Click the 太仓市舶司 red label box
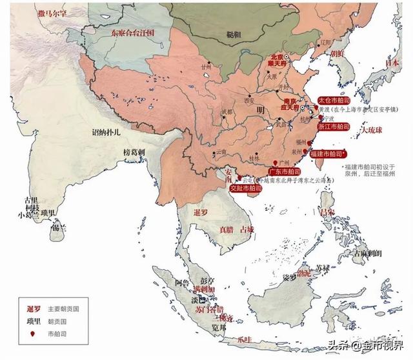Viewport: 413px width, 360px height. [x=335, y=101]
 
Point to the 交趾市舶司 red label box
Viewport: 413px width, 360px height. [x=246, y=188]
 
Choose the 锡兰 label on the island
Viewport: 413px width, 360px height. [x=60, y=227]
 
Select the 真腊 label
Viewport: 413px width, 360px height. [x=227, y=230]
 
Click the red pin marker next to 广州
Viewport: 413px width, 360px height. [x=276, y=161]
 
